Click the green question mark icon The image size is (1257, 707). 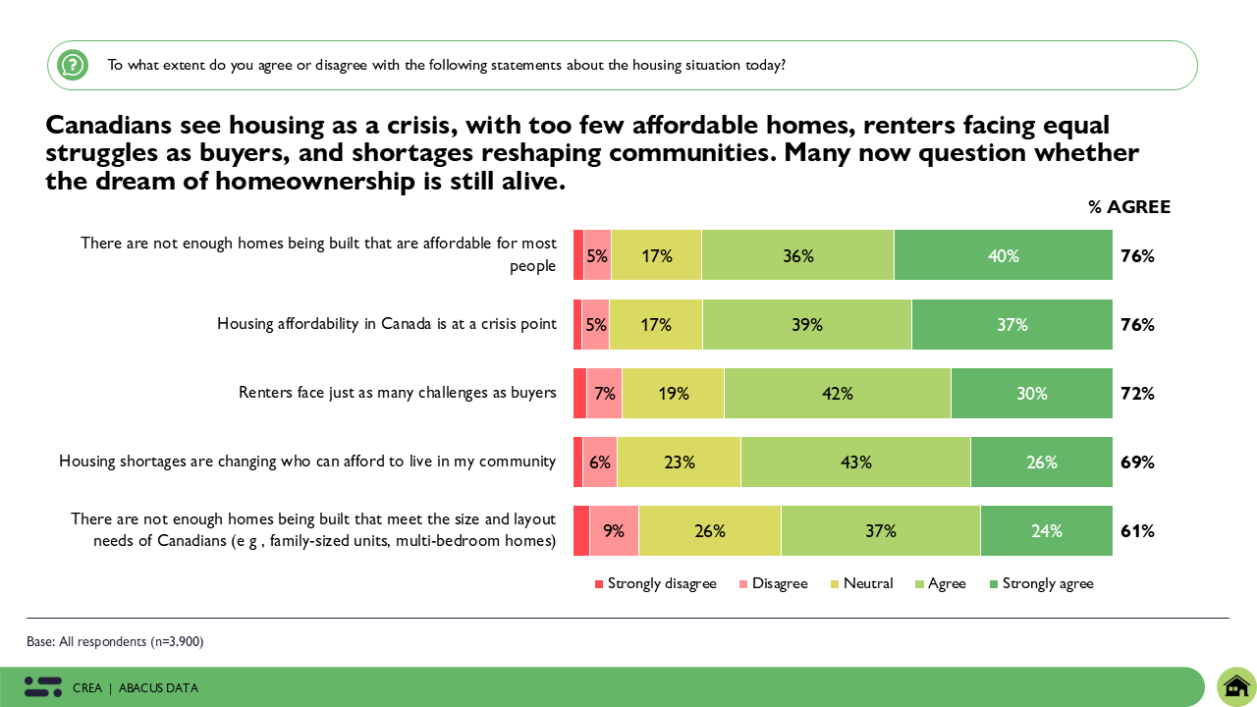point(73,66)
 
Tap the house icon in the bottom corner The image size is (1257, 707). point(1236,685)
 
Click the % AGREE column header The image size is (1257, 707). point(1128,207)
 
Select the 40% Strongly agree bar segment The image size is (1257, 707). point(1003,255)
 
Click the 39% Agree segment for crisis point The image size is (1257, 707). point(807,324)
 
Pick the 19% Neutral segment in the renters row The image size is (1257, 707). point(673,393)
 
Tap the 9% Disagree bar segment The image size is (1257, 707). point(614,531)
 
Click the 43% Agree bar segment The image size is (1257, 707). point(855,462)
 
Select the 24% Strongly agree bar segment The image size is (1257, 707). point(1046,531)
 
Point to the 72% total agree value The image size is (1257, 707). point(1137,393)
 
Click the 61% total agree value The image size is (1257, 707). point(1137,531)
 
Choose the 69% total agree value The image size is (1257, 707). point(1137,462)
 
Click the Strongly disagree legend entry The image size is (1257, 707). point(655,583)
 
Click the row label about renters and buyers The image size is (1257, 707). point(398,393)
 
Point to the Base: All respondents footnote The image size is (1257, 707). point(115,641)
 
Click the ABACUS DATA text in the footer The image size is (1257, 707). point(158,687)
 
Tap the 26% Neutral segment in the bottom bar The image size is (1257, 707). point(709,531)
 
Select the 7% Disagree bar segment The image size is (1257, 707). point(604,393)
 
